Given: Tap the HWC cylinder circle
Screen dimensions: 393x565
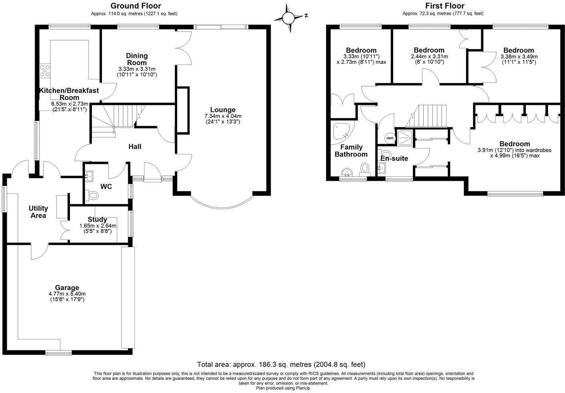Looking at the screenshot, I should click(x=390, y=138).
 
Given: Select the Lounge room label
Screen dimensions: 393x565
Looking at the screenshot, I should click(x=223, y=110).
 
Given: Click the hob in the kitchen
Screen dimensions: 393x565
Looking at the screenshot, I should click(x=45, y=71).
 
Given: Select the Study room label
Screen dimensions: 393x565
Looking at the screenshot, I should click(x=97, y=219).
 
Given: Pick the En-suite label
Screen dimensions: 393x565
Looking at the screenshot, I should click(x=394, y=158).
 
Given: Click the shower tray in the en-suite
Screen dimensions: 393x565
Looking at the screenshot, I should click(x=405, y=136).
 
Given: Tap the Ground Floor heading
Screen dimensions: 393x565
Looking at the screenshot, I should click(x=136, y=6).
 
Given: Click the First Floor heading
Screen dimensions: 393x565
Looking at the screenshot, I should click(x=444, y=6).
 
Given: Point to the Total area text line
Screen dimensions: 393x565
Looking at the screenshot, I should click(x=281, y=364).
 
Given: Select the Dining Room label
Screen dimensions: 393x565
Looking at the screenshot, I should click(x=137, y=59).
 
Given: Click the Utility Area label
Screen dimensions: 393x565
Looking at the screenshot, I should click(x=38, y=212).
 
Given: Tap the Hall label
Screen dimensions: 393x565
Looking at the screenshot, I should click(x=135, y=146).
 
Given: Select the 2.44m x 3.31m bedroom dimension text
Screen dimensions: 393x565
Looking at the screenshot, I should click(x=429, y=59).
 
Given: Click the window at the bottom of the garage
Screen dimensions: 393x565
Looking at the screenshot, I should click(x=58, y=352).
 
